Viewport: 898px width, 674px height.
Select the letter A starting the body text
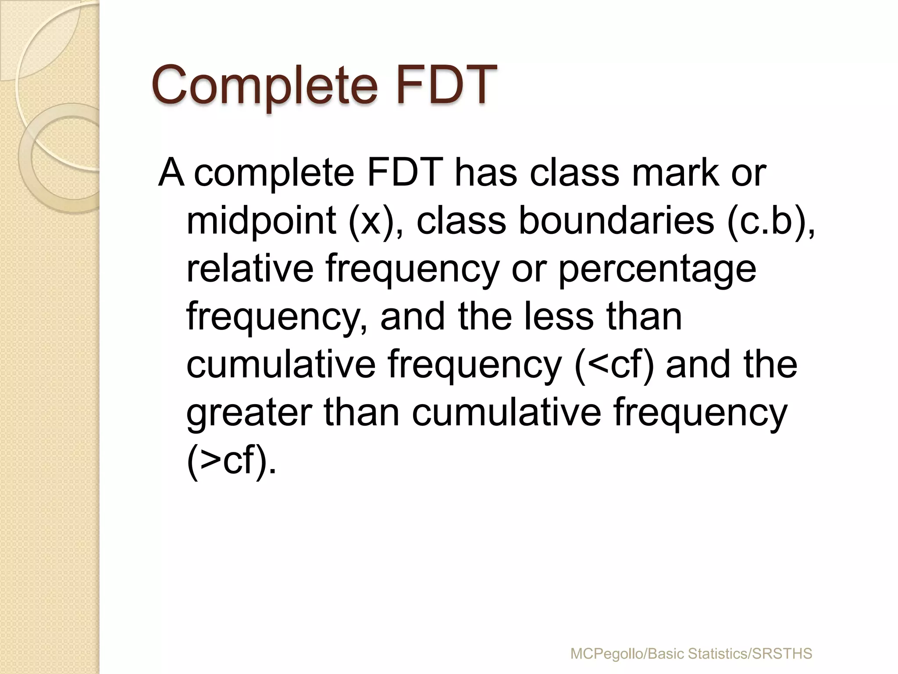point(171,173)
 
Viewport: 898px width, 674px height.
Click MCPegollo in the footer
point(607,654)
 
